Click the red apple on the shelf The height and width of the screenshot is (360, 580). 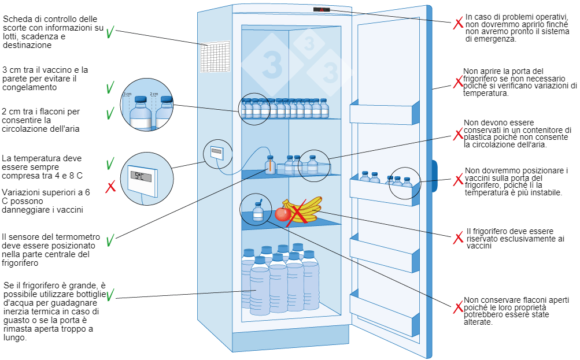coord(282,214)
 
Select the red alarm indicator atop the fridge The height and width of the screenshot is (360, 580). coord(322,10)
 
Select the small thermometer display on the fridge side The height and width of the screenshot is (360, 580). coord(217,153)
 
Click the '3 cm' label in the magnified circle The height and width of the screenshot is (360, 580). coord(127,94)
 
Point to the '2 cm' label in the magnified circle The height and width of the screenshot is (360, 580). coord(154,94)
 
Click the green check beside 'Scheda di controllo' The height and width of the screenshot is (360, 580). coord(110,32)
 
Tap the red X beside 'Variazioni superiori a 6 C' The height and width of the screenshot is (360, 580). coord(110,187)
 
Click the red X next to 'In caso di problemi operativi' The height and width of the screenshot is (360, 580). coord(457,24)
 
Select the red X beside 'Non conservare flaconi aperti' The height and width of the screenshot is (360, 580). coord(457,306)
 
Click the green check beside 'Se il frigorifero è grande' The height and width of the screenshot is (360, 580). coord(109,295)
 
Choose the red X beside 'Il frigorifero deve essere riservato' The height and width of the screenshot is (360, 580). coord(458,237)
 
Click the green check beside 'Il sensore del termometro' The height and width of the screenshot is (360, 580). coord(110,237)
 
